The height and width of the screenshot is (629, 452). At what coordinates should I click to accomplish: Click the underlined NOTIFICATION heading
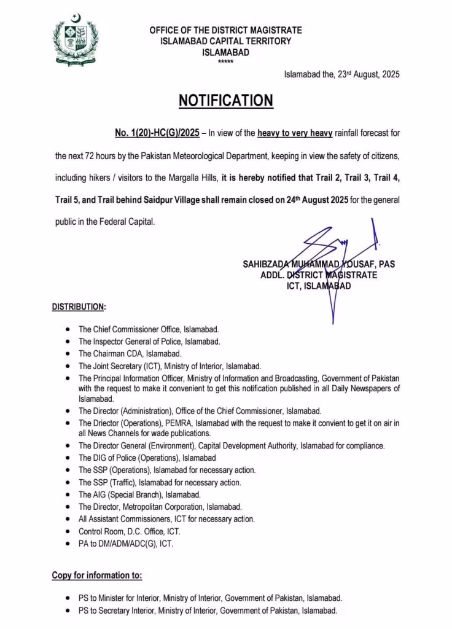click(226, 101)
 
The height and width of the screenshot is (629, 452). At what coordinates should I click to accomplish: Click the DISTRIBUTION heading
click(79, 307)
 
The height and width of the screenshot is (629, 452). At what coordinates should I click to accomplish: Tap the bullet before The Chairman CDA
click(67, 354)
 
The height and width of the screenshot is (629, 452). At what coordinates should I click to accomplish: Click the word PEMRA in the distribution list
click(168, 423)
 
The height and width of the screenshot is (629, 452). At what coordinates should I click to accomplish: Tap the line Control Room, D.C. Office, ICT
click(129, 531)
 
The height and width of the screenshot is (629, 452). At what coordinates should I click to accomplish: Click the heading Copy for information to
click(97, 576)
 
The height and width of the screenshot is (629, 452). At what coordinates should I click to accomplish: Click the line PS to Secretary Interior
click(208, 610)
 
